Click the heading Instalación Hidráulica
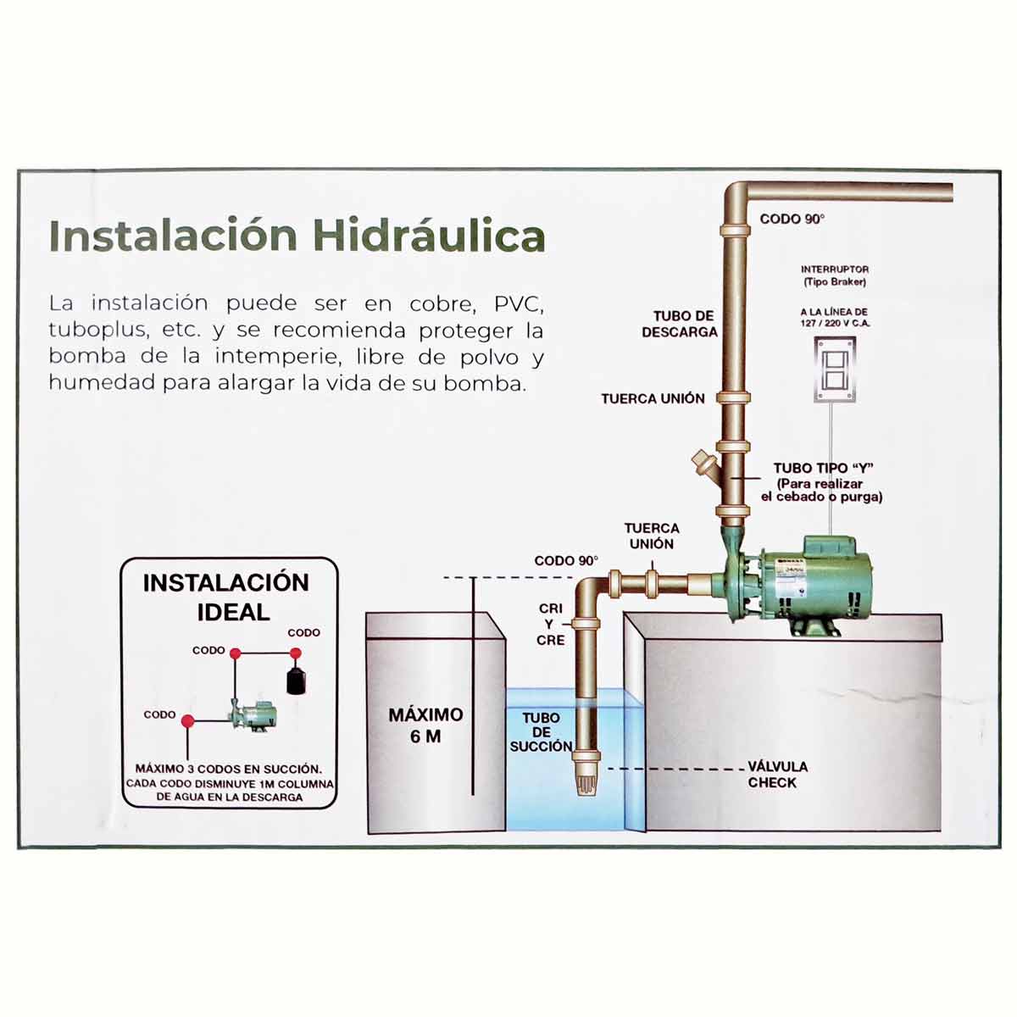pos(297,236)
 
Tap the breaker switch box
pos(835,370)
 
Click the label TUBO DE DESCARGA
pos(679,324)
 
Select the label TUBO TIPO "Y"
pos(823,468)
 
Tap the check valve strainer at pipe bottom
pos(586,775)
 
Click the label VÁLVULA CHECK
pos(776,775)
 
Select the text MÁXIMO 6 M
pos(425,725)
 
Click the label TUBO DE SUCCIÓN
pos(541,732)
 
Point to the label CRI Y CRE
pos(550,625)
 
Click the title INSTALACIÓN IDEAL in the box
pos(226,597)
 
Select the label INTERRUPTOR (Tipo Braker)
pos(834,275)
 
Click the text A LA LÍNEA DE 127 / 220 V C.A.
pos(834,318)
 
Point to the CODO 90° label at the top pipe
pos(792,219)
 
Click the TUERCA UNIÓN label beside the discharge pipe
pos(653,398)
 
